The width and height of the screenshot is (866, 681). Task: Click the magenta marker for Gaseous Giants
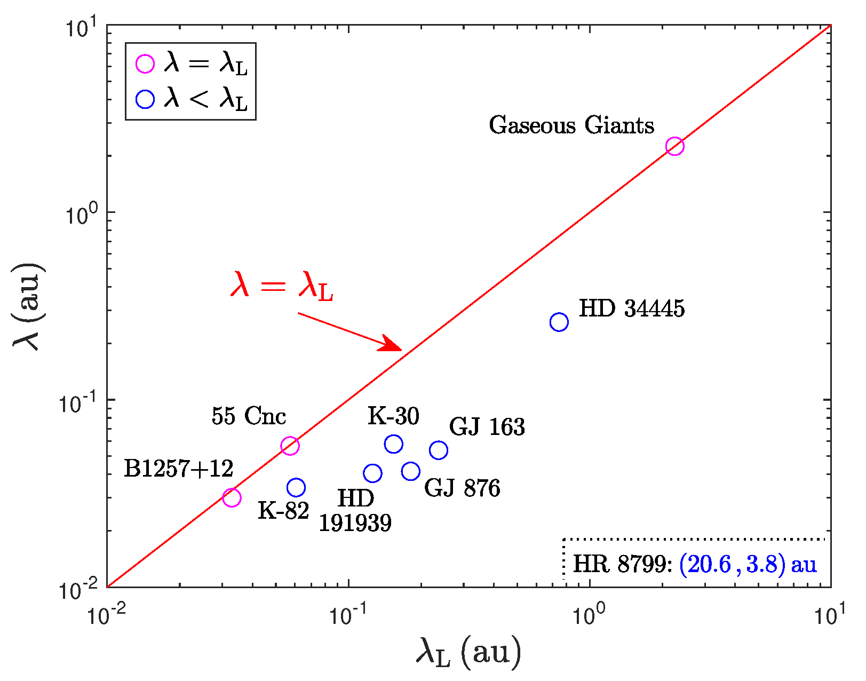pos(674,146)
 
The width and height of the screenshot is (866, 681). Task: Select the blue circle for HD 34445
pos(559,322)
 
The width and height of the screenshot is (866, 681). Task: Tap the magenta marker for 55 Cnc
pos(290,446)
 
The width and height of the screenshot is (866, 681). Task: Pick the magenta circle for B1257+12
pos(231,497)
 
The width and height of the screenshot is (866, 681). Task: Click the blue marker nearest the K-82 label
pos(296,487)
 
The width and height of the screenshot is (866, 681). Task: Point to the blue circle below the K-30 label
pos(393,444)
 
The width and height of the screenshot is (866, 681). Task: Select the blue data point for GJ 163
pos(439,450)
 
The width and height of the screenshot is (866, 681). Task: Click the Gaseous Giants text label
pos(571,126)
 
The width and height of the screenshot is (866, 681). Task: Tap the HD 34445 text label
pos(632,309)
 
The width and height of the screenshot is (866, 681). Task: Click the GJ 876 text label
pos(462,488)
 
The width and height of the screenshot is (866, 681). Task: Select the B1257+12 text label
pos(179,469)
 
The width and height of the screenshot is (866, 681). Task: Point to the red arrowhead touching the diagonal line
pos(392,345)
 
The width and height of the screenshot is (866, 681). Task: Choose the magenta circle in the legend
pos(145,64)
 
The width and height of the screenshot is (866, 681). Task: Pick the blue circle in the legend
pos(145,99)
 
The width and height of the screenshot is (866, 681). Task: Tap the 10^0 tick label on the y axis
pos(83,212)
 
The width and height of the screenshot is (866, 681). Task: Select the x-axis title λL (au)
pos(468,653)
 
